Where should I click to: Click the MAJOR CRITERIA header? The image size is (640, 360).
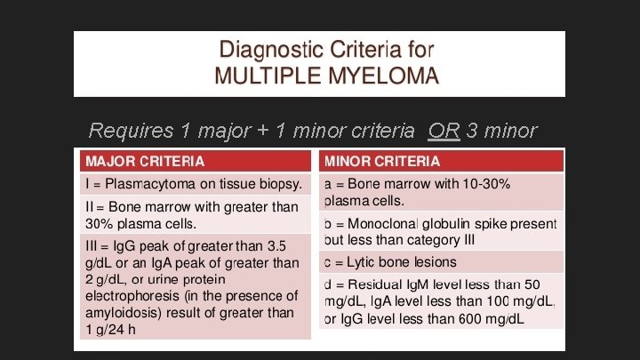click(x=144, y=162)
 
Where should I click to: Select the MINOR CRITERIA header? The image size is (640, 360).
click(x=382, y=162)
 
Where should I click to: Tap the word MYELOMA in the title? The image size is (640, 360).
click(x=385, y=76)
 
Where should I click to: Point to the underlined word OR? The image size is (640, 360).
click(x=443, y=132)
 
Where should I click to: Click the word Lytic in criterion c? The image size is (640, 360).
click(x=356, y=262)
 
